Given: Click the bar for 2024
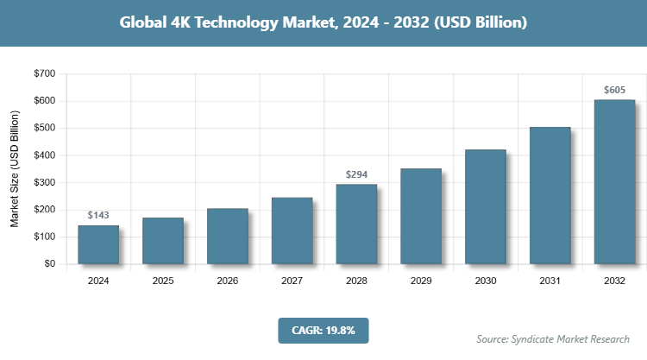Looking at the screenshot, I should pos(98,244).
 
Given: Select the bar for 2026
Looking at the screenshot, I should pos(228,236).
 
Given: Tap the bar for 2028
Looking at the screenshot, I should pos(356,224).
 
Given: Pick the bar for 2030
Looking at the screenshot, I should pos(486,206).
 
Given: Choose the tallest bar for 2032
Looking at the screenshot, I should pos(614,181).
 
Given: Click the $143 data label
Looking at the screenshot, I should pos(98,215).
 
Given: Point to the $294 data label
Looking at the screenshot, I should pos(356,174).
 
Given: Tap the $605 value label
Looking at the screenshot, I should pos(614,90).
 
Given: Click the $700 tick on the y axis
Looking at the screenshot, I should pos(44,74).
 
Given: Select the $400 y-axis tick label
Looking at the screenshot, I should pos(44,155).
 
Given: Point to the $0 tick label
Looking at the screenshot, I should pos(49,264).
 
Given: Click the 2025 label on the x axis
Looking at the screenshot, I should pos(163,281).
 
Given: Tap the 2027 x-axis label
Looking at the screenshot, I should pos(292,281).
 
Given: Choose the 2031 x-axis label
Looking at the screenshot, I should pos(550,281).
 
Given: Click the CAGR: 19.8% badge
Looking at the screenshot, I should pos(323,330).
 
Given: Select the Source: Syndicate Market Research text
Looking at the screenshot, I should pos(553,338).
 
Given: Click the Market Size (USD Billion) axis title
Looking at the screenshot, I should pos(15,168).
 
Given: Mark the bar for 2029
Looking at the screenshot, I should pos(421,216).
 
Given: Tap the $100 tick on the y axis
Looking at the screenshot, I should pos(44,237).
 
